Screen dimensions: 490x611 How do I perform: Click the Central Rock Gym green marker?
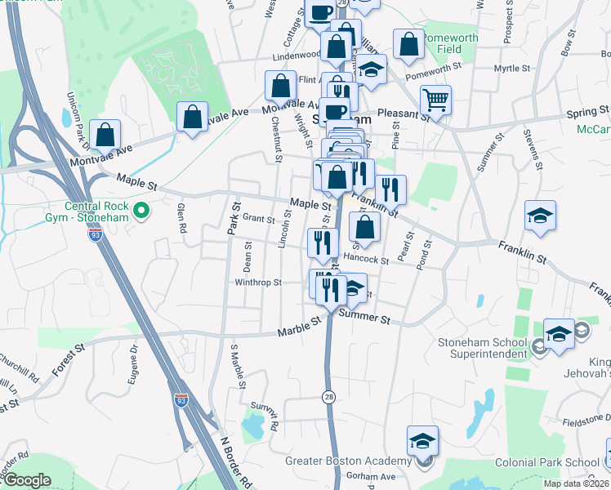tap(140, 212)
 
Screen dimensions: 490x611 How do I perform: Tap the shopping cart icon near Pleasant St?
tap(435, 100)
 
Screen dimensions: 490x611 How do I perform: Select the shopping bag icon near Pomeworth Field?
tap(408, 44)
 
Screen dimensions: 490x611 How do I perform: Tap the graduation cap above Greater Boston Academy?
tap(422, 442)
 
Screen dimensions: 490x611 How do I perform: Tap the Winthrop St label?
tap(258, 283)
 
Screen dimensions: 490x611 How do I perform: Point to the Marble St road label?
tap(298, 327)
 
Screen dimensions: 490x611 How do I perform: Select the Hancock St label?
tap(365, 259)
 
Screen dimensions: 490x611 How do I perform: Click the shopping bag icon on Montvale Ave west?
tap(192, 117)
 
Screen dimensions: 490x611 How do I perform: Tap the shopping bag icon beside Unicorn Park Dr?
tap(105, 133)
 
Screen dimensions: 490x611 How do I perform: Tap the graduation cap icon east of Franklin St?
tap(540, 216)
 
